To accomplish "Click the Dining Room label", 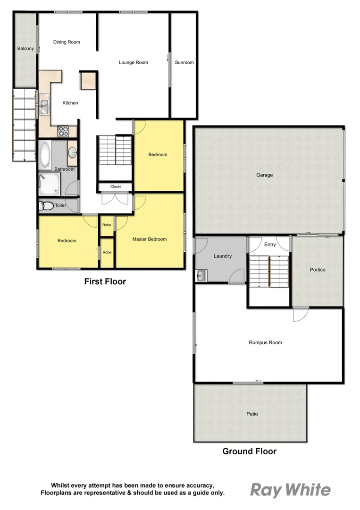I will [67, 42].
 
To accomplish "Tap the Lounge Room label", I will [134, 62].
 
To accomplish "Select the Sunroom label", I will [184, 62].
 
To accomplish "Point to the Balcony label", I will [25, 49].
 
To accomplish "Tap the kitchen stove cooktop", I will [63, 131].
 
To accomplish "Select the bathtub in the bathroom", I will [45, 154].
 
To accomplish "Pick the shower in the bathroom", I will [50, 183].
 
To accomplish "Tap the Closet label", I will [116, 187].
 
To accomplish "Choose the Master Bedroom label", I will [150, 239].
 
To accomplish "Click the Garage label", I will [265, 175].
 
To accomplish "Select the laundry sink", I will [201, 275].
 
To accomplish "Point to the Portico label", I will [318, 269].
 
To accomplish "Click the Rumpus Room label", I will [265, 342].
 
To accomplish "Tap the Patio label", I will [252, 414].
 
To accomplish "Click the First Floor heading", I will [105, 281].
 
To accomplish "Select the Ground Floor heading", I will [249, 451].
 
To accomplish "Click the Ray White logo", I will [290, 490].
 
